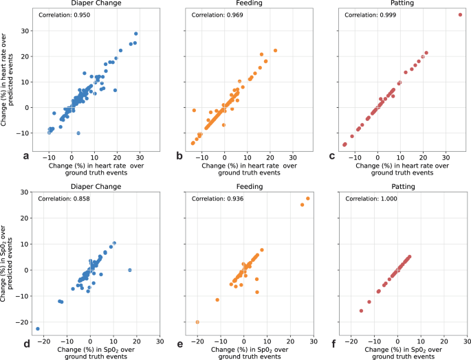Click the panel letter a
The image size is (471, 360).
point(26,156)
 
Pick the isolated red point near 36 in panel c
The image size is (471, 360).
point(460,14)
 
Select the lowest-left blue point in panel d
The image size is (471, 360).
point(38,328)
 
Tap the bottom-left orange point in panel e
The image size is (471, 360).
point(197,322)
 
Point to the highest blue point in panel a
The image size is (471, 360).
point(135,34)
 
